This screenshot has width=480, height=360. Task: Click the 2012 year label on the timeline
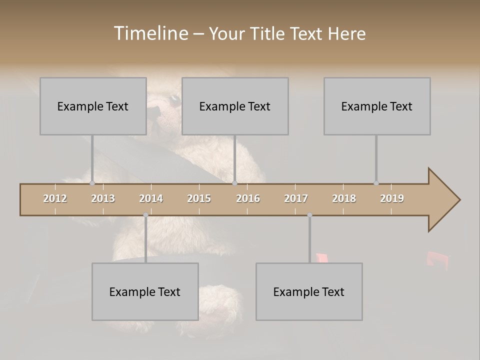[x=55, y=198]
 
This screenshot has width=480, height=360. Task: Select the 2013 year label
[x=103, y=198]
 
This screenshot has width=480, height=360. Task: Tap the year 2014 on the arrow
[x=151, y=198]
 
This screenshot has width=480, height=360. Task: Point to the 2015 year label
[x=199, y=198]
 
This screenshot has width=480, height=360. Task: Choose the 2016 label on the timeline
[x=248, y=198]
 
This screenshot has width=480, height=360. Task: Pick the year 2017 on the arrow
[x=296, y=198]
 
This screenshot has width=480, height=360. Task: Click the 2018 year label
[x=344, y=198]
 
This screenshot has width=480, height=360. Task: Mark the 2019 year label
[x=392, y=198]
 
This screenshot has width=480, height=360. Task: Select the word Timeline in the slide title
[x=149, y=33]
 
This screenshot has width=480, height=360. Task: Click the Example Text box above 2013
[x=93, y=106]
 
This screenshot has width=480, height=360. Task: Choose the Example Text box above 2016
[x=235, y=106]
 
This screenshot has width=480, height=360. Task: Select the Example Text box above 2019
[x=377, y=106]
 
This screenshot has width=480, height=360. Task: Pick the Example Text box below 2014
[x=145, y=291]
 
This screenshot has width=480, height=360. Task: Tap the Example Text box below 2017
[x=309, y=291]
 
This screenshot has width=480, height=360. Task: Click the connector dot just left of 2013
[x=92, y=183]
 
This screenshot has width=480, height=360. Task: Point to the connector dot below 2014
[x=145, y=215]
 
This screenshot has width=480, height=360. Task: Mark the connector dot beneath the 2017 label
[x=309, y=215]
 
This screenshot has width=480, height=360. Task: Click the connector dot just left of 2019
[x=376, y=183]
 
